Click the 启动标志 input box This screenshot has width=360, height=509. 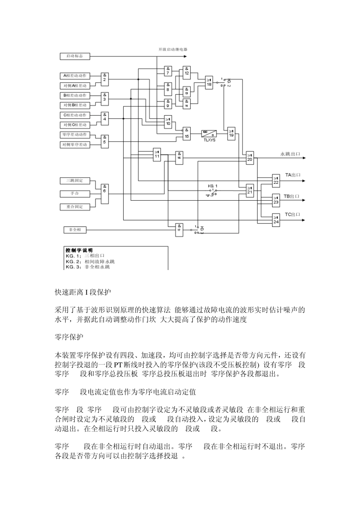[75, 56]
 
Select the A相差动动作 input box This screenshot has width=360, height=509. [75, 76]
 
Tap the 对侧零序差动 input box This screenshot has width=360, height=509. [75, 145]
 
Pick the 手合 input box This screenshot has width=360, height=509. [75, 194]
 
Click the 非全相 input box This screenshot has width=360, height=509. [75, 230]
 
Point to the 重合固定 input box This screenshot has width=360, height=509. [75, 207]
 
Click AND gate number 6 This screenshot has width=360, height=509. [105, 189]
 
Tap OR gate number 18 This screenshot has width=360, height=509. [209, 83]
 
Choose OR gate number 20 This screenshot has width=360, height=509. [250, 157]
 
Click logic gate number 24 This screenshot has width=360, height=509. [276, 220]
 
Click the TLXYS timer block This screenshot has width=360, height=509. [209, 134]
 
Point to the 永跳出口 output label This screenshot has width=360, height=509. [290, 154]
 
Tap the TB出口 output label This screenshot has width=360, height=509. [292, 196]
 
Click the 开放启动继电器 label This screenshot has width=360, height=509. [173, 49]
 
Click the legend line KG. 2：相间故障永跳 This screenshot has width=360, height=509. [90, 262]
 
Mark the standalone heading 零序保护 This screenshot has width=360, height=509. [69, 336]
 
